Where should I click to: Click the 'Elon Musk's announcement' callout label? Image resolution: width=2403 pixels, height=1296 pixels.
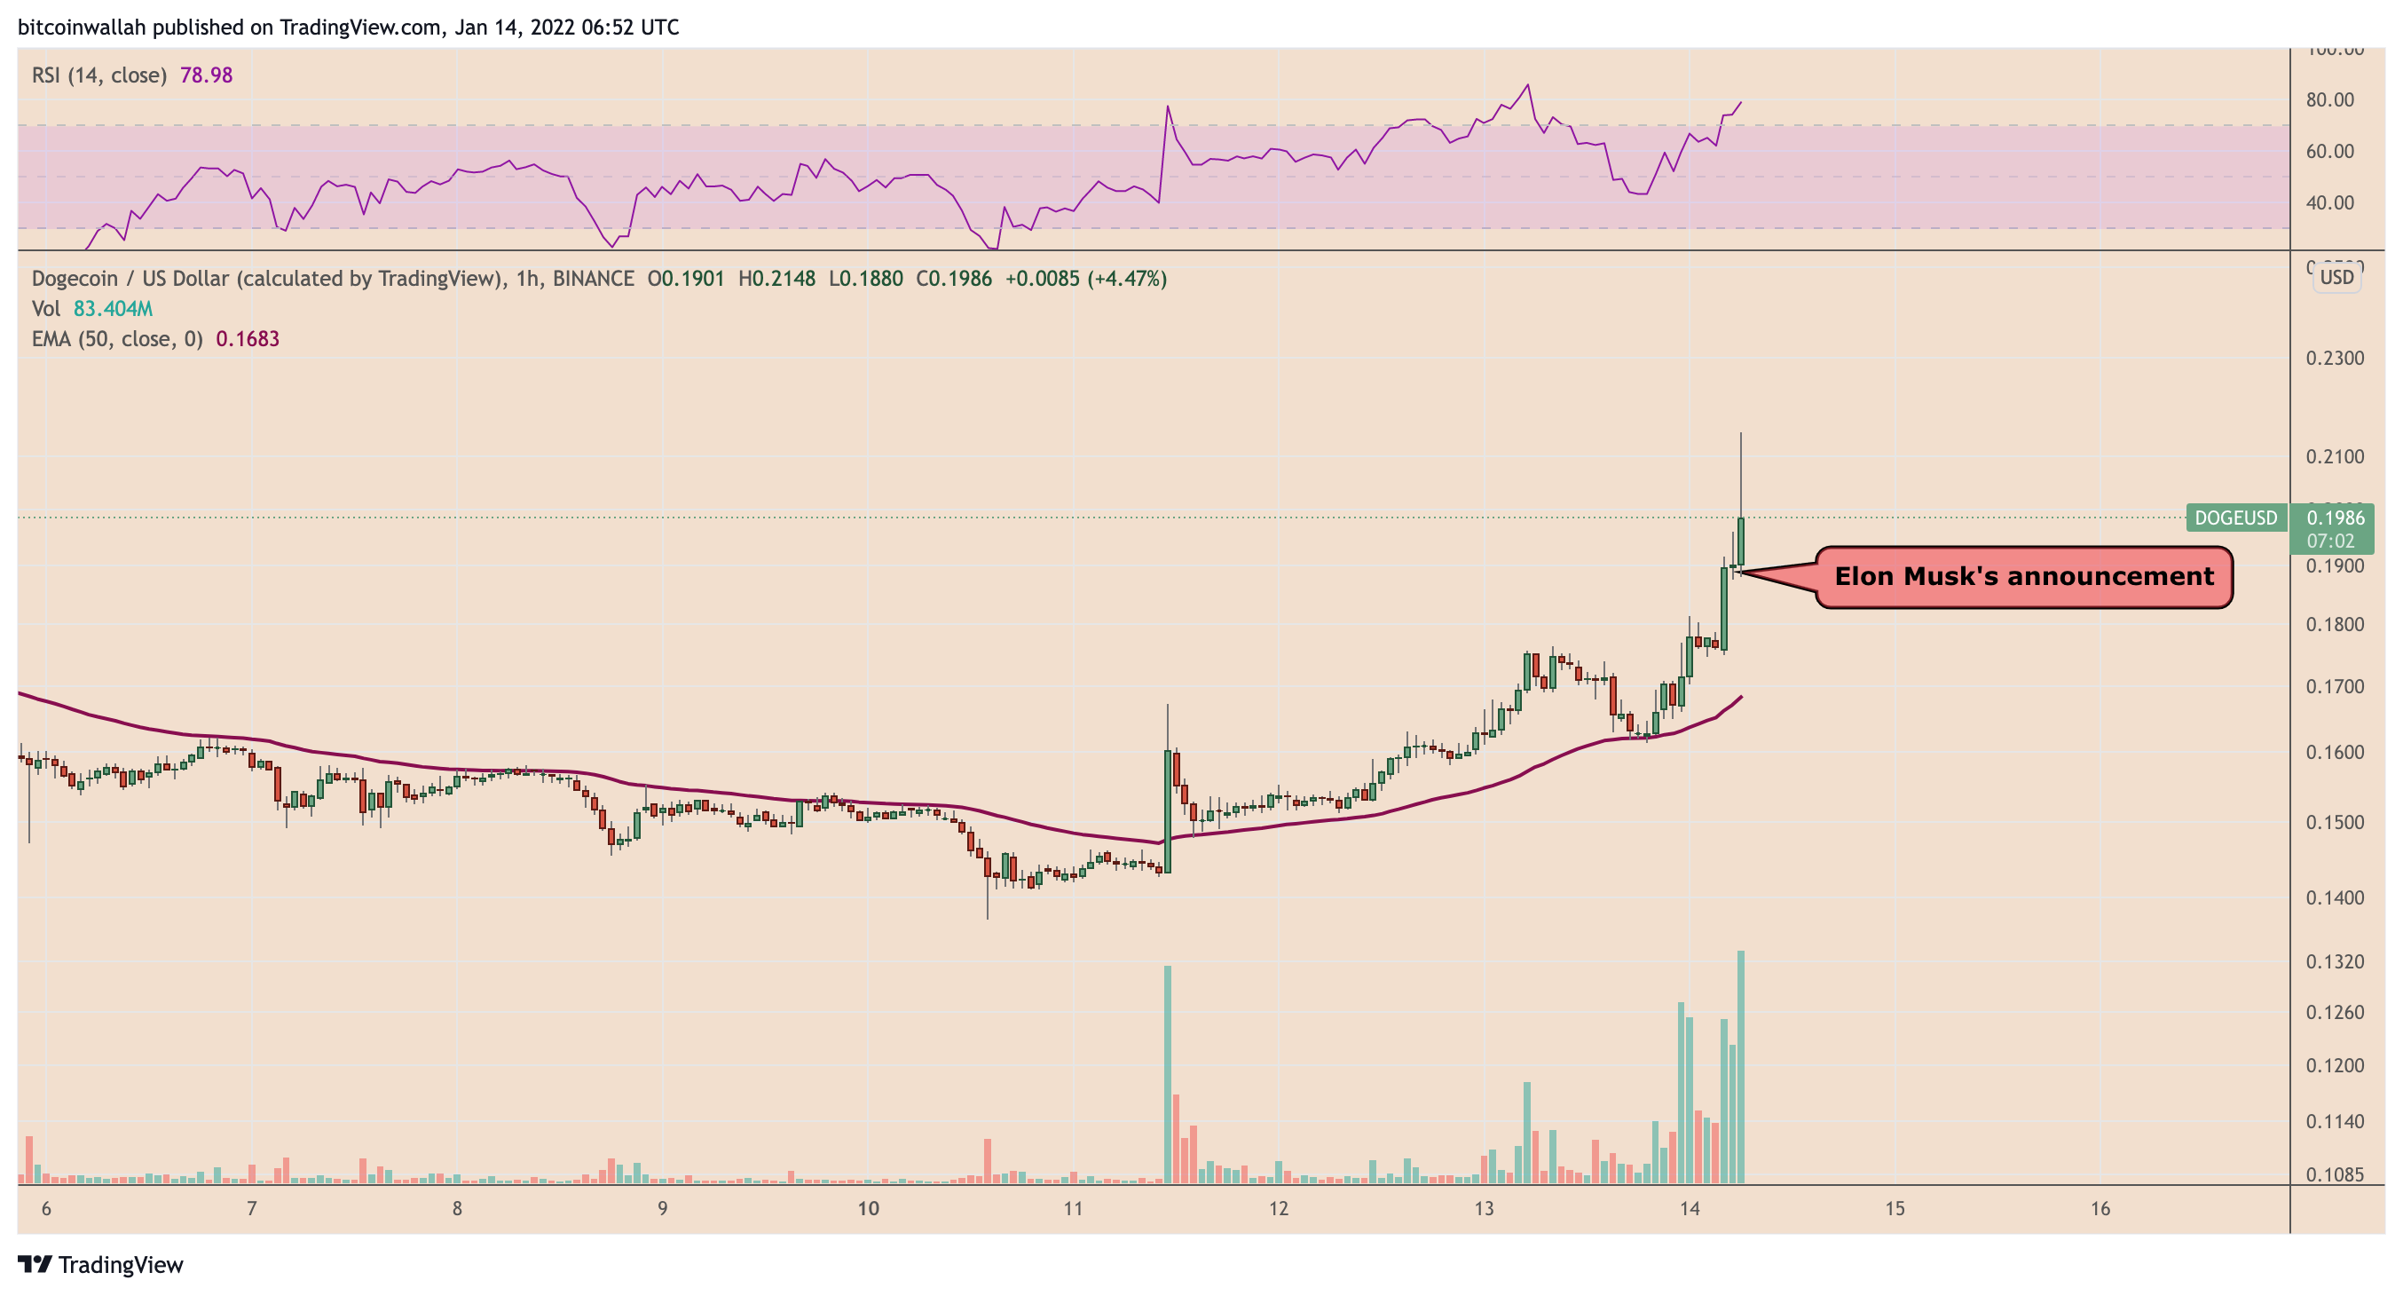pos(2023,577)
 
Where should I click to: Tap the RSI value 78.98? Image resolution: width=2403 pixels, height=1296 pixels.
pos(206,75)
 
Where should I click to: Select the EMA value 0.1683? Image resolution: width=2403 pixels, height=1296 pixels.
pos(248,339)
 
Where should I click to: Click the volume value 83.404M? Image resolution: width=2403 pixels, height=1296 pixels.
pos(113,309)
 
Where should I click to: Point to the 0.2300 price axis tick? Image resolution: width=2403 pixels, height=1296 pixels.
pos(2334,359)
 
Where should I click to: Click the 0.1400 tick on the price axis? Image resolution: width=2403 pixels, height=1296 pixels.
pos(2334,897)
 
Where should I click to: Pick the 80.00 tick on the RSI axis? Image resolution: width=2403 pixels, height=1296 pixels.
pos(2329,99)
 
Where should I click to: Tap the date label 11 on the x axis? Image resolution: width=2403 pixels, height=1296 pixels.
pos(1073,1209)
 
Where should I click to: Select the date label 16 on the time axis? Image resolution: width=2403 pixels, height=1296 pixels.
pos(2099,1209)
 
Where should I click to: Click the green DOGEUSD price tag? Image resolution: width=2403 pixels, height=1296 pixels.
pos(2235,518)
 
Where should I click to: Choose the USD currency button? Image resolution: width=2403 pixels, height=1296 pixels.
pos(2336,277)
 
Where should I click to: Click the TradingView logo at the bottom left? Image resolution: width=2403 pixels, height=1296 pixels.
pos(101,1265)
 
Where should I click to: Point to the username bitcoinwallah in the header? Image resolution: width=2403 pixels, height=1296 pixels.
pos(83,27)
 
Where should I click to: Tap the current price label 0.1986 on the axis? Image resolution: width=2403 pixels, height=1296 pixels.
pos(2334,518)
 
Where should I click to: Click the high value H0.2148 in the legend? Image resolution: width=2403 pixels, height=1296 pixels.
pos(776,278)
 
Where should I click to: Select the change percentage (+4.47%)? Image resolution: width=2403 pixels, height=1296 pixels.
pos(1126,278)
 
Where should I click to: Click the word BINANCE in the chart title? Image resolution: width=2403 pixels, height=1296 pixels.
pos(593,278)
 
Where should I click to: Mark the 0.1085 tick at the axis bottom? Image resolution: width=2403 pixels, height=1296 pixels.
pos(2334,1174)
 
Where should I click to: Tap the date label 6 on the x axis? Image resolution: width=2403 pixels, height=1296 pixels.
pos(46,1209)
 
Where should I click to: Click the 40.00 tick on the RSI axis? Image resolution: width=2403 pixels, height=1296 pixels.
pos(2329,202)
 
